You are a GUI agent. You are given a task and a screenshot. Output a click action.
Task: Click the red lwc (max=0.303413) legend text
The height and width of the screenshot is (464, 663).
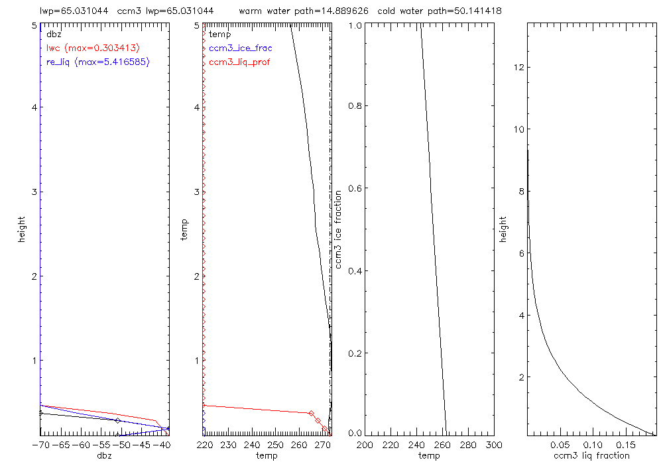pyautogui.click(x=93, y=48)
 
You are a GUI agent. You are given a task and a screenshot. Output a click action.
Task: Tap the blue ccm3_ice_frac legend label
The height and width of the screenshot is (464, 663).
pyautogui.click(x=241, y=48)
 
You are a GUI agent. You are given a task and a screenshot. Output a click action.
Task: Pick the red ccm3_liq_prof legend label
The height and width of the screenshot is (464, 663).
pyautogui.click(x=239, y=62)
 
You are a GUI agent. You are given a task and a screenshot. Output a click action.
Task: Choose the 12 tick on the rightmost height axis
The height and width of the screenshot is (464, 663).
pyautogui.click(x=518, y=68)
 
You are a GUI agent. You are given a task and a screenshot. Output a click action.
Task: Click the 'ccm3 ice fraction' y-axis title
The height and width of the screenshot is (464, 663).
pyautogui.click(x=339, y=229)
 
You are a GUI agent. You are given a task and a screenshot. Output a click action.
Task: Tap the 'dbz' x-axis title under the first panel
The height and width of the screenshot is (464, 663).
pyautogui.click(x=105, y=455)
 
